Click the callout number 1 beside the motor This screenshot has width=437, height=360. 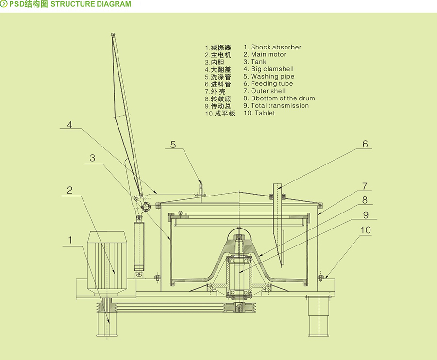point(70,240)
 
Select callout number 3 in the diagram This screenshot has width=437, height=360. point(93,158)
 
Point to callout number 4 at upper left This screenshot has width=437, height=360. point(70,125)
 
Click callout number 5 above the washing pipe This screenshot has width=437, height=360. point(173,144)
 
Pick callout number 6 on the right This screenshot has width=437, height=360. point(365,144)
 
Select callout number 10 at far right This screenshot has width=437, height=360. point(365,230)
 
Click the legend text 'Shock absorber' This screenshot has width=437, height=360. point(276,47)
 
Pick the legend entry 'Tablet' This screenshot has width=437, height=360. point(262,113)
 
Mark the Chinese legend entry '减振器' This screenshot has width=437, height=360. point(221,48)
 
